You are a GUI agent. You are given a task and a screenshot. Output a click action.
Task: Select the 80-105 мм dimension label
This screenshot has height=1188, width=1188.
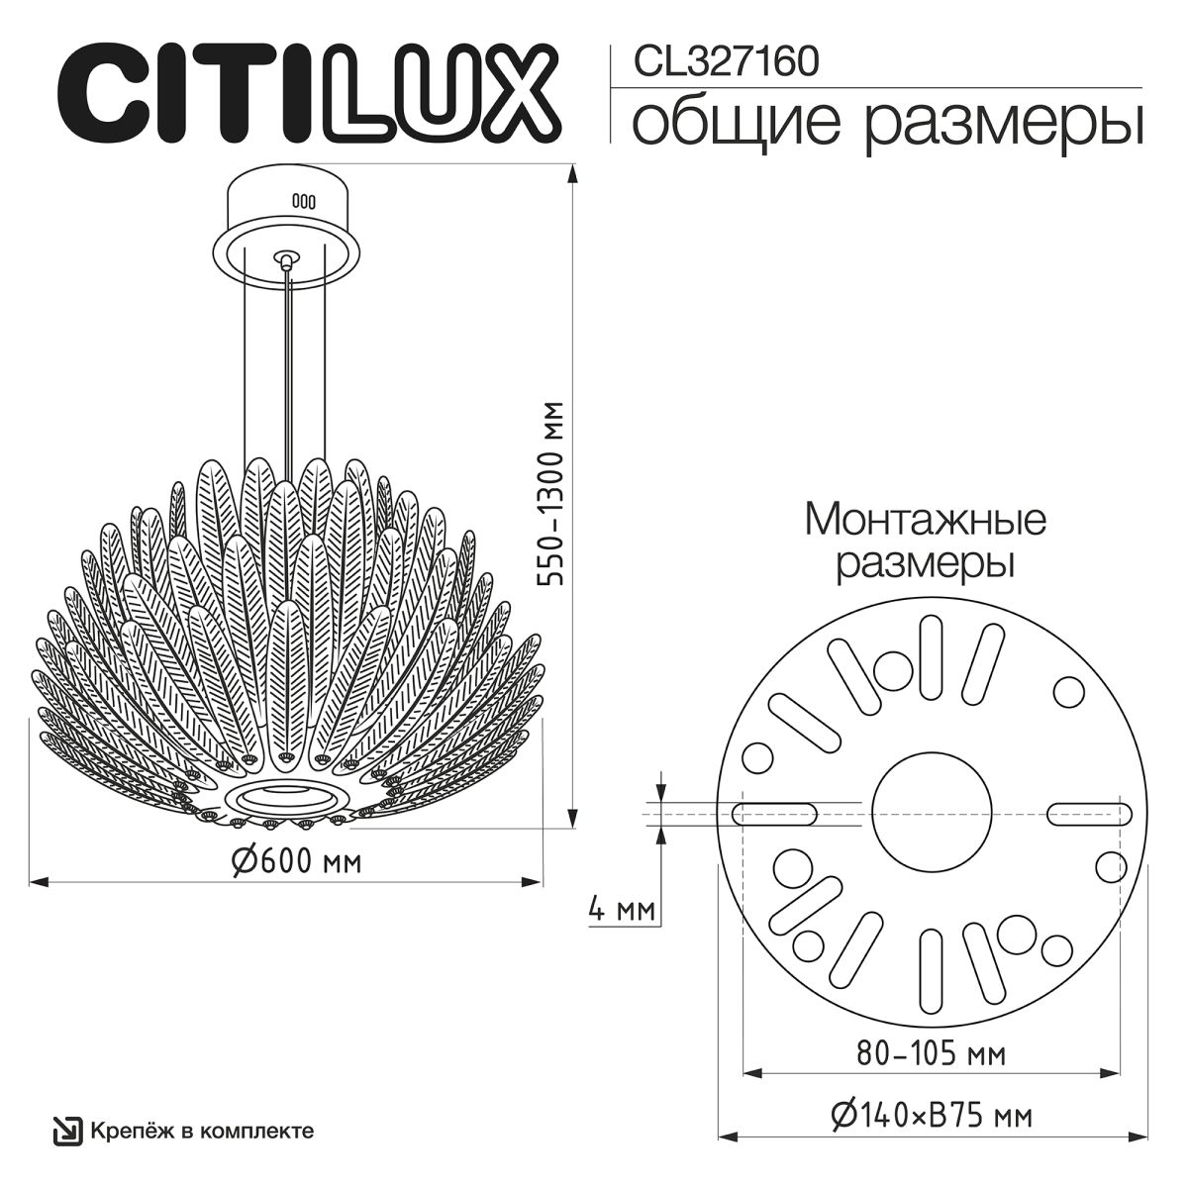tap(932, 1052)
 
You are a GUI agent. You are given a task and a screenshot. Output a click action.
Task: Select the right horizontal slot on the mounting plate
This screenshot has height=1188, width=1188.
tap(1090, 813)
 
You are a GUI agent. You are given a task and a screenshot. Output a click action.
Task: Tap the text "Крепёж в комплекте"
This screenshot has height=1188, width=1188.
tap(202, 1131)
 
